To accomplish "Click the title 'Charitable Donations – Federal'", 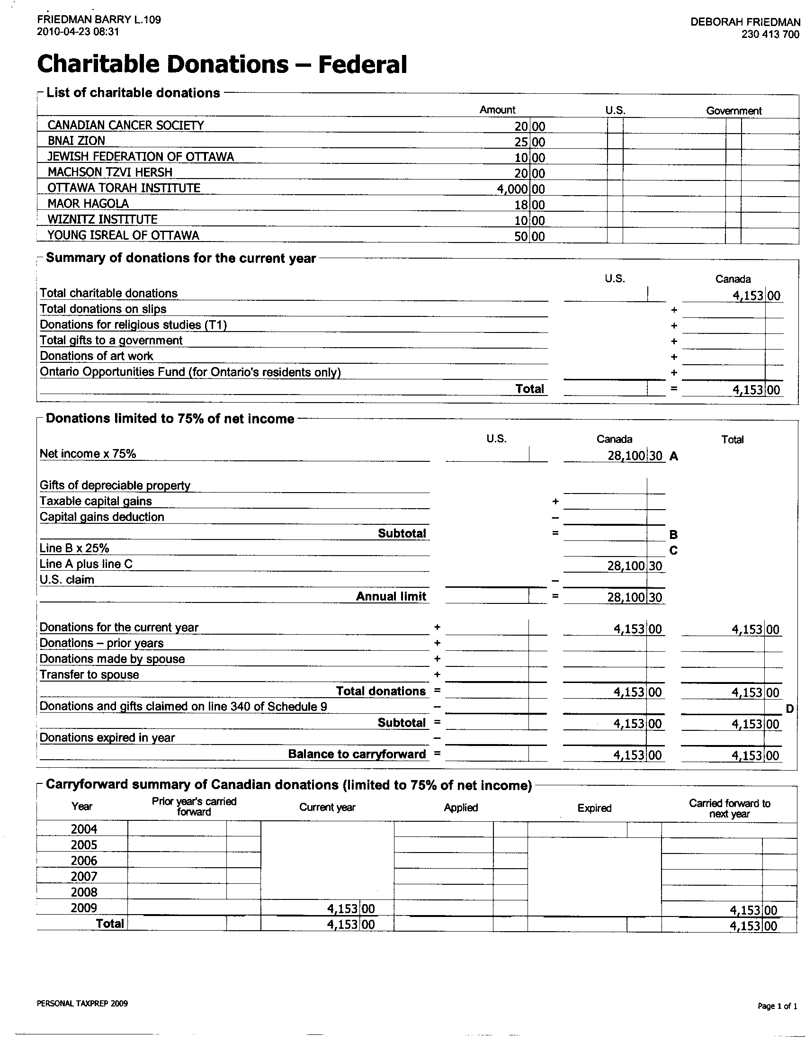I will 222,64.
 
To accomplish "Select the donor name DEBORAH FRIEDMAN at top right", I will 745,22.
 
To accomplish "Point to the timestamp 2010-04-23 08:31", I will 78,32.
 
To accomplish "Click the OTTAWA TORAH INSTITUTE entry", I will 124,188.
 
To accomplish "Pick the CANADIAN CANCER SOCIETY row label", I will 125,125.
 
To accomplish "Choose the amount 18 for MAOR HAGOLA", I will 521,205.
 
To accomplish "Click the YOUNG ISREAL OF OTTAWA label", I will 123,235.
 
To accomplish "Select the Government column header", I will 733,111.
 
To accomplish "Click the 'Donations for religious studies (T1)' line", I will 133,325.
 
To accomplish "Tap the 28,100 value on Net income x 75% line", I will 626,456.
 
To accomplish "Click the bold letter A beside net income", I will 673,457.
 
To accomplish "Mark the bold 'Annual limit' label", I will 391,596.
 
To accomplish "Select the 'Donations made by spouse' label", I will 112,659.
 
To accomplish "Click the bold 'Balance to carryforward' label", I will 357,754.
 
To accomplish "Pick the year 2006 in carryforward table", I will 84,861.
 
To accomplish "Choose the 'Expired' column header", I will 594,808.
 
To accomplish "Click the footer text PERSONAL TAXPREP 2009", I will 82,1003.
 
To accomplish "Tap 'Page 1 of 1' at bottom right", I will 777,1006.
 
